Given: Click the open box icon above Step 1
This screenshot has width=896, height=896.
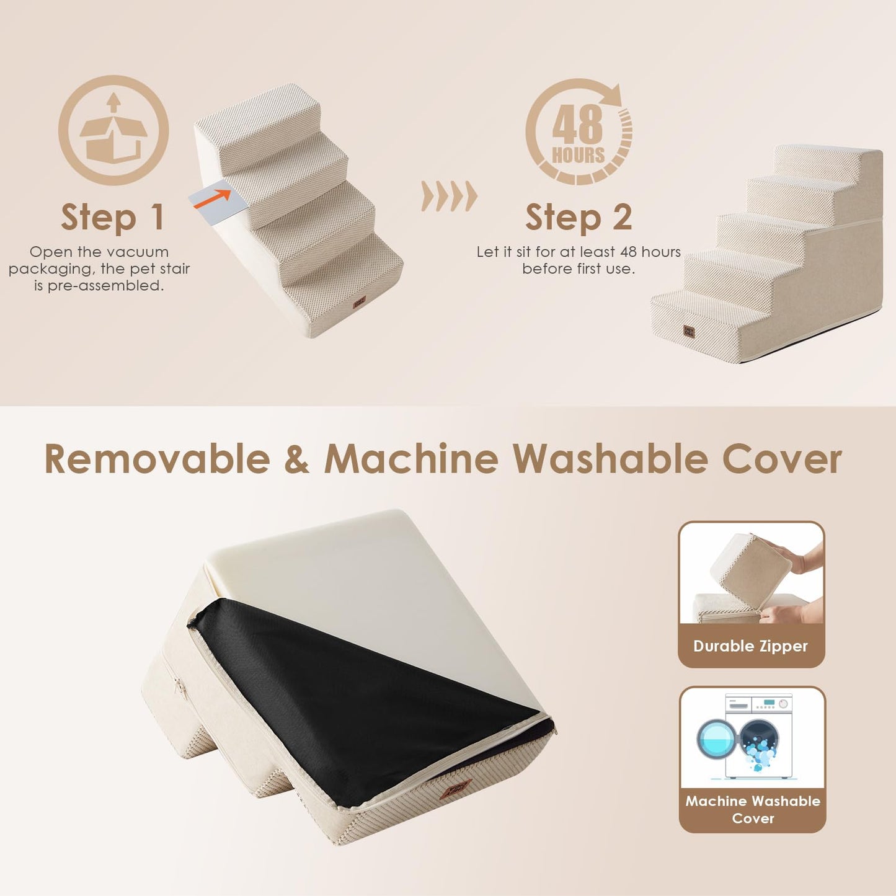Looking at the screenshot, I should [x=113, y=130].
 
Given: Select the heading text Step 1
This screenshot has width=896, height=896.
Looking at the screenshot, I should [x=113, y=218].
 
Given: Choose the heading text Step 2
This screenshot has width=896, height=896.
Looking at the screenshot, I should [x=578, y=218].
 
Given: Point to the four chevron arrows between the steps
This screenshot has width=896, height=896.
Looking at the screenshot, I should [x=449, y=197].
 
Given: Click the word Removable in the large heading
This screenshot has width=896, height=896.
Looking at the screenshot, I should [x=157, y=459].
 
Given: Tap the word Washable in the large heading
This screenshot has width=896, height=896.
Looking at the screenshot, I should [x=610, y=459].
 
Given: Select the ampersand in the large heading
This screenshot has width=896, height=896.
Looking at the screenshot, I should [x=297, y=459].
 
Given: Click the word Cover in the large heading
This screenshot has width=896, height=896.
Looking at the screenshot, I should [x=782, y=459].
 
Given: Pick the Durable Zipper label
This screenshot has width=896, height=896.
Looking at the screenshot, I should [x=750, y=646].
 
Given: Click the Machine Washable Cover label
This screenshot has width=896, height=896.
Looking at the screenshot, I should [x=752, y=809].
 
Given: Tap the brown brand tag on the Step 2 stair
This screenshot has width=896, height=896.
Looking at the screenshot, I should [x=689, y=331].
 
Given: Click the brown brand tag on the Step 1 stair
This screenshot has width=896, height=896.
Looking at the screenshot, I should [x=359, y=302].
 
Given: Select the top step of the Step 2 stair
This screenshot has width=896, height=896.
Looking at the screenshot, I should [x=825, y=160].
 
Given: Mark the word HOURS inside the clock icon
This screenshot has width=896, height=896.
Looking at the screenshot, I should [x=578, y=155].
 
